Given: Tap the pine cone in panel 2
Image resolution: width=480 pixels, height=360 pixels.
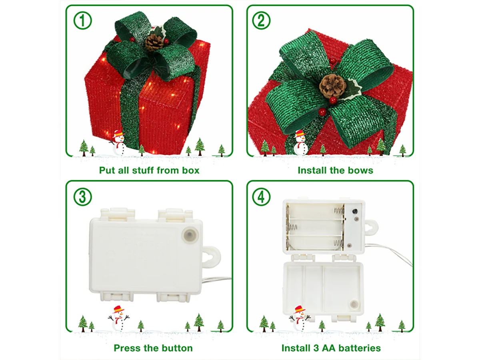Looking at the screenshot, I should coord(333,86).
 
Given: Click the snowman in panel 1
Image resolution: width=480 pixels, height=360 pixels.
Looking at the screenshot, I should coord(118,143).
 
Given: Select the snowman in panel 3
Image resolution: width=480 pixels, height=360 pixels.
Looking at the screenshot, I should coord(118,319).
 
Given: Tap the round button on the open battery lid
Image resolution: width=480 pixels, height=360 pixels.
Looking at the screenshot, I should coord(354,305).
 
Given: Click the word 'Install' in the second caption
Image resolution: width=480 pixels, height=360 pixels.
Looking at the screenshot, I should coord(311,170).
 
